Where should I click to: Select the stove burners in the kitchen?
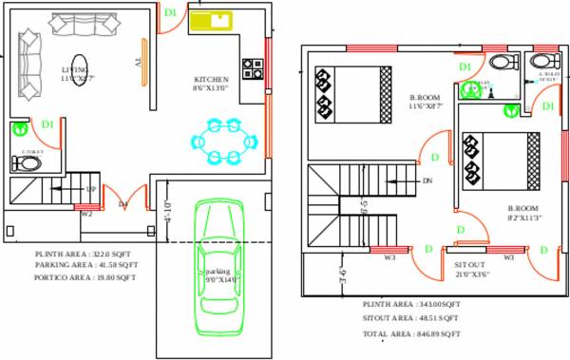(254, 68)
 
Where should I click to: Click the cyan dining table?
(225, 142)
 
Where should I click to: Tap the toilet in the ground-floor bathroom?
(29, 162)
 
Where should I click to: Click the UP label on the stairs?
(91, 189)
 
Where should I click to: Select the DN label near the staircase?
(428, 180)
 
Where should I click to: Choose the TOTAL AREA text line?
(410, 334)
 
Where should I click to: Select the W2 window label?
(86, 214)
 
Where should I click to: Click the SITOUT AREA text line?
(410, 318)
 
